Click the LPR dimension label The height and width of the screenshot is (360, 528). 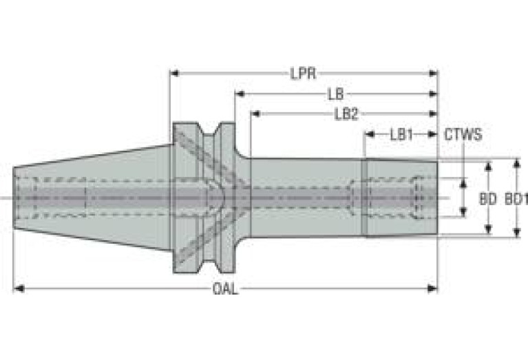303,74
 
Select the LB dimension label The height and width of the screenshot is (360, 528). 336,94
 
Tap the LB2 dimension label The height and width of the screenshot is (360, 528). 346,114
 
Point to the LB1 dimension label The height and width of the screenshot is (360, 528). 401,135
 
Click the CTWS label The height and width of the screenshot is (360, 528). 463,135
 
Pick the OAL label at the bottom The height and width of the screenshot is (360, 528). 225,289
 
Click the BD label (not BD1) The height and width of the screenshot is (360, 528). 488,200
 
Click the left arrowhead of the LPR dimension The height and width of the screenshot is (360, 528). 174,73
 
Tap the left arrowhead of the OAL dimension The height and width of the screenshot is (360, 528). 19,288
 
